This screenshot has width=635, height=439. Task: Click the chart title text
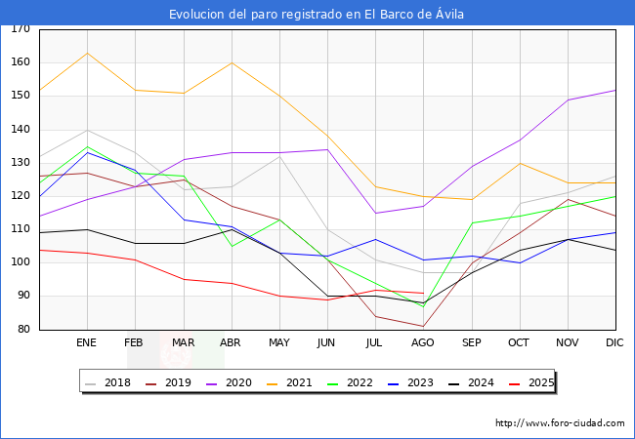[x=317, y=14]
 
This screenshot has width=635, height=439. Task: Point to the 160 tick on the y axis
[x=20, y=62]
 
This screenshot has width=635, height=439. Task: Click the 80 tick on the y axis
[x=22, y=330]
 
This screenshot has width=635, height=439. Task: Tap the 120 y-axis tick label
[x=20, y=196]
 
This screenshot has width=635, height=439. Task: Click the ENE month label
[x=87, y=343]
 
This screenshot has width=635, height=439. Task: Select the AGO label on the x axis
[x=423, y=343]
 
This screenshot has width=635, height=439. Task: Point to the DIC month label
[x=614, y=343]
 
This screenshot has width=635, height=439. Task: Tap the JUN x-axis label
[x=327, y=343]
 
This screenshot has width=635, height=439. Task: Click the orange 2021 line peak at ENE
[x=87, y=53]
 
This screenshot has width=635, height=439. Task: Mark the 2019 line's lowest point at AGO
[x=423, y=326]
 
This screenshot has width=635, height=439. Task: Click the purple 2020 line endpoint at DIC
[x=614, y=90]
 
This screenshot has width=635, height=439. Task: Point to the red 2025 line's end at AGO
[x=423, y=293]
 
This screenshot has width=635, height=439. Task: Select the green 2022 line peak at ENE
[x=87, y=146]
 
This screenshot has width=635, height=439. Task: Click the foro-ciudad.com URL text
[x=560, y=423]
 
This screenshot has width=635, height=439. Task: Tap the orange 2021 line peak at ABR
[x=232, y=62]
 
